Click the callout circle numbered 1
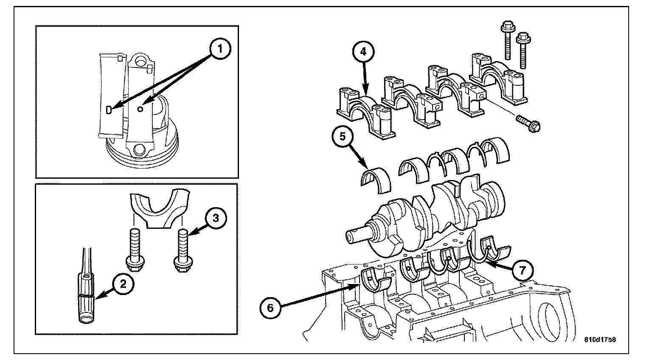pyautogui.click(x=220, y=48)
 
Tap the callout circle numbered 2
pyautogui.click(x=123, y=284)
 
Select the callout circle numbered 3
pyautogui.click(x=215, y=218)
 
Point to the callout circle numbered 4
pyautogui.click(x=363, y=51)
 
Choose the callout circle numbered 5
pyautogui.click(x=343, y=137)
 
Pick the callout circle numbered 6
pyautogui.click(x=270, y=308)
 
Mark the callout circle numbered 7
pyautogui.click(x=523, y=271)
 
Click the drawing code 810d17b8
pyautogui.click(x=600, y=340)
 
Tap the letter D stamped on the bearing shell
pyautogui.click(x=109, y=110)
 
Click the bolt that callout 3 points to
pyautogui.click(x=183, y=251)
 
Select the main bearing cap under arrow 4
pyautogui.click(x=366, y=113)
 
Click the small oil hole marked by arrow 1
pyautogui.click(x=141, y=109)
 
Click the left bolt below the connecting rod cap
pyautogui.click(x=135, y=251)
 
